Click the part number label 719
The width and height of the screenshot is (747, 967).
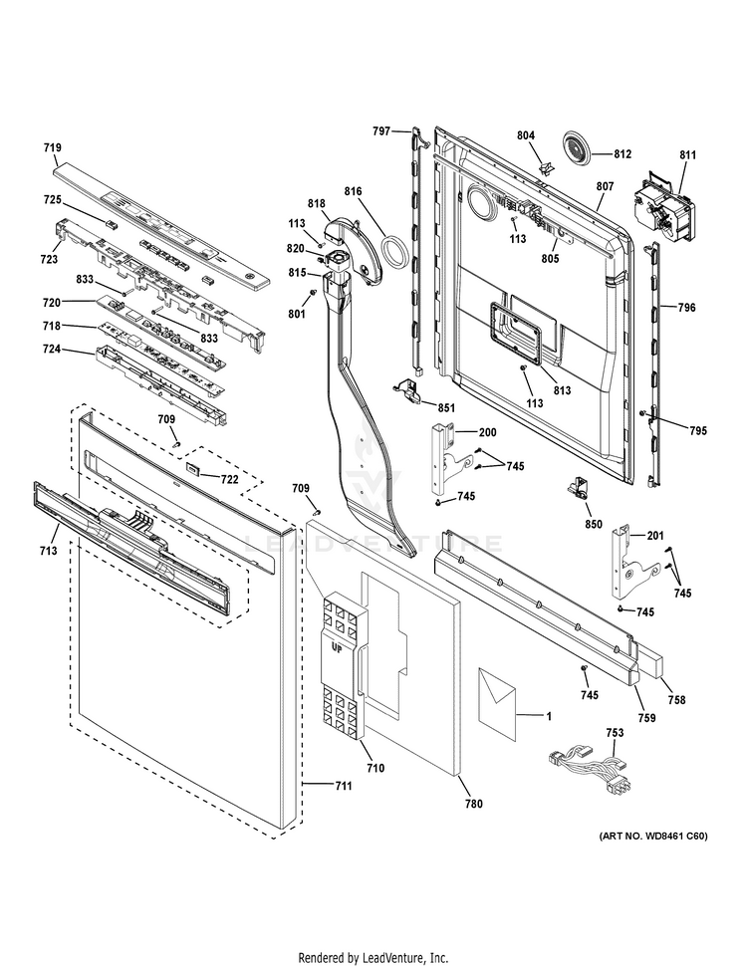point(52,147)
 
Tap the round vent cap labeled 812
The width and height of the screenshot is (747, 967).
point(577,145)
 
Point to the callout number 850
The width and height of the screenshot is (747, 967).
point(594,524)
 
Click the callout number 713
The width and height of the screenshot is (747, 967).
point(47,550)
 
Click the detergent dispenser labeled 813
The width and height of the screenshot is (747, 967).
point(515,330)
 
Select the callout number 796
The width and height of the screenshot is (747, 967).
point(686,308)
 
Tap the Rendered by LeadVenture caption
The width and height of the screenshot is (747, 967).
point(373,958)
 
